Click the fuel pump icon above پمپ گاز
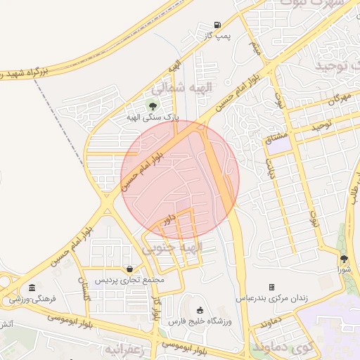pos(217,24)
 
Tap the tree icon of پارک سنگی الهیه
pos(153,106)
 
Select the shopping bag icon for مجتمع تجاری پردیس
pos(130,269)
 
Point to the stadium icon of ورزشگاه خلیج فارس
pos(200,310)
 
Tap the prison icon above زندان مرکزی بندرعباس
pos(271,287)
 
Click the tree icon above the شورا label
pos(344,259)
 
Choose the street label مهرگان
pos(337,99)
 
